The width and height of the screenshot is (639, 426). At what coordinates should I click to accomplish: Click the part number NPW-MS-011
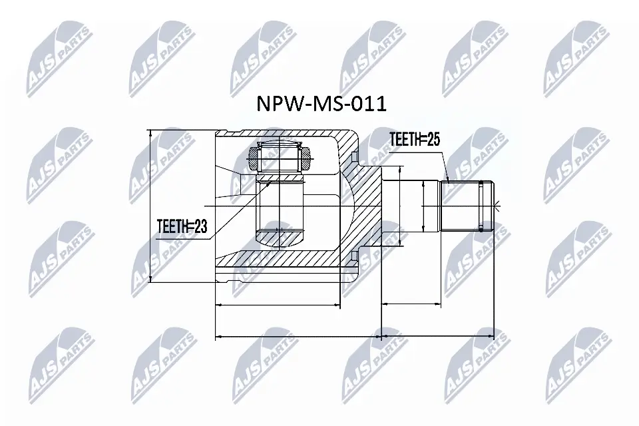[321, 105]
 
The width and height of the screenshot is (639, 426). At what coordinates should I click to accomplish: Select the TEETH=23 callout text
[182, 227]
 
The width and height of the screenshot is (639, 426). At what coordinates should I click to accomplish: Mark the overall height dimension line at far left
[152, 206]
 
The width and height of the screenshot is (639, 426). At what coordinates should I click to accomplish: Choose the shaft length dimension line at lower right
[438, 306]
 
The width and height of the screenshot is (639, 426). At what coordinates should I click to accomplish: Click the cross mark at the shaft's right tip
[495, 205]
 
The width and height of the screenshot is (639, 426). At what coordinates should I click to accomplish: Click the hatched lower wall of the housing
[293, 258]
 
